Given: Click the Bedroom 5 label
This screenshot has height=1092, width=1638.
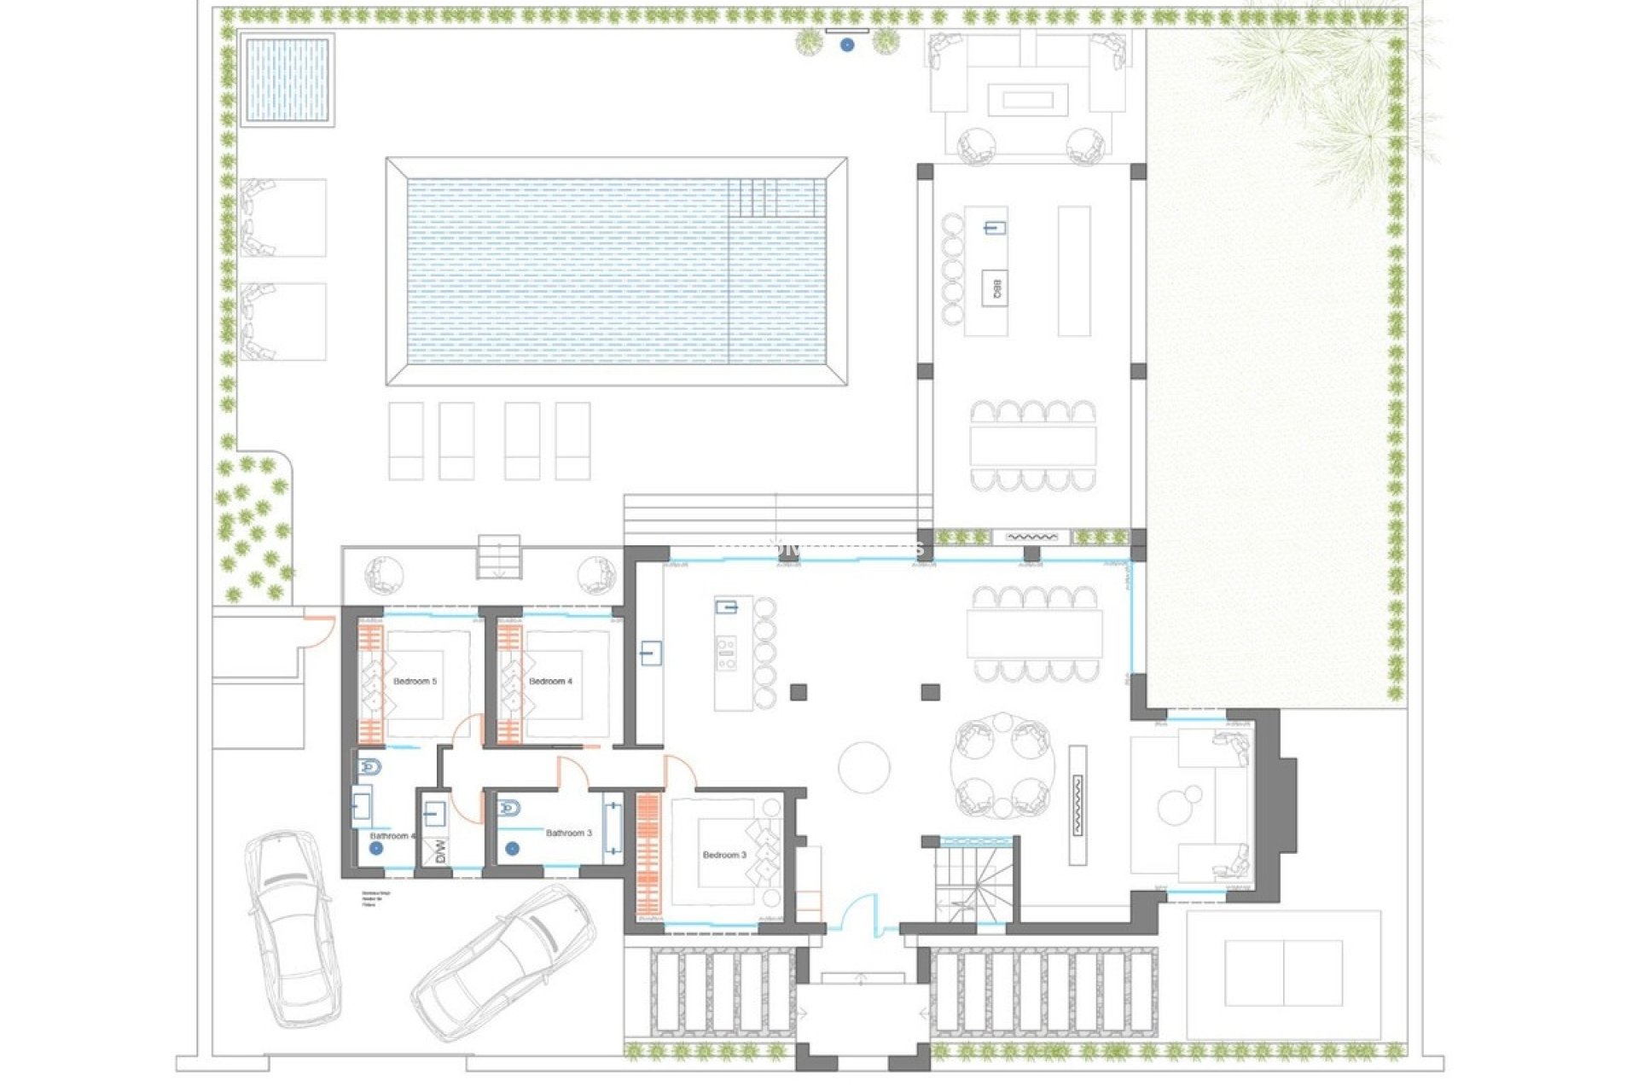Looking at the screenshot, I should pos(415,682).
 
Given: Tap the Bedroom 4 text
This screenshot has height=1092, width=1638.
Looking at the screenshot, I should pos(550,682).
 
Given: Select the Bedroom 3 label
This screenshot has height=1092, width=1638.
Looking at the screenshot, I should pos(724,855).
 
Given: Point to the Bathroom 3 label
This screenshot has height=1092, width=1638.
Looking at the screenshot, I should pos(569,833).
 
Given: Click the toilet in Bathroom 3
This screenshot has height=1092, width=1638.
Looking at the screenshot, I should pos(509,808).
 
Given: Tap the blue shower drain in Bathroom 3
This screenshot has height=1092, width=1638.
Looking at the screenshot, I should pos(512,849).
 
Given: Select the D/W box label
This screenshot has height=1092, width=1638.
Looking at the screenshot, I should pos(440,851).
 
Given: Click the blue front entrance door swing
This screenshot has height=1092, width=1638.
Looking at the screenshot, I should pos(860,915).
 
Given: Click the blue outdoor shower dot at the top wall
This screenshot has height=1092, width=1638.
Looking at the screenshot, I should pos(847,45).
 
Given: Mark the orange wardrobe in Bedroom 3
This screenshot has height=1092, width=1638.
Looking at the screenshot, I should pos(648,853).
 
